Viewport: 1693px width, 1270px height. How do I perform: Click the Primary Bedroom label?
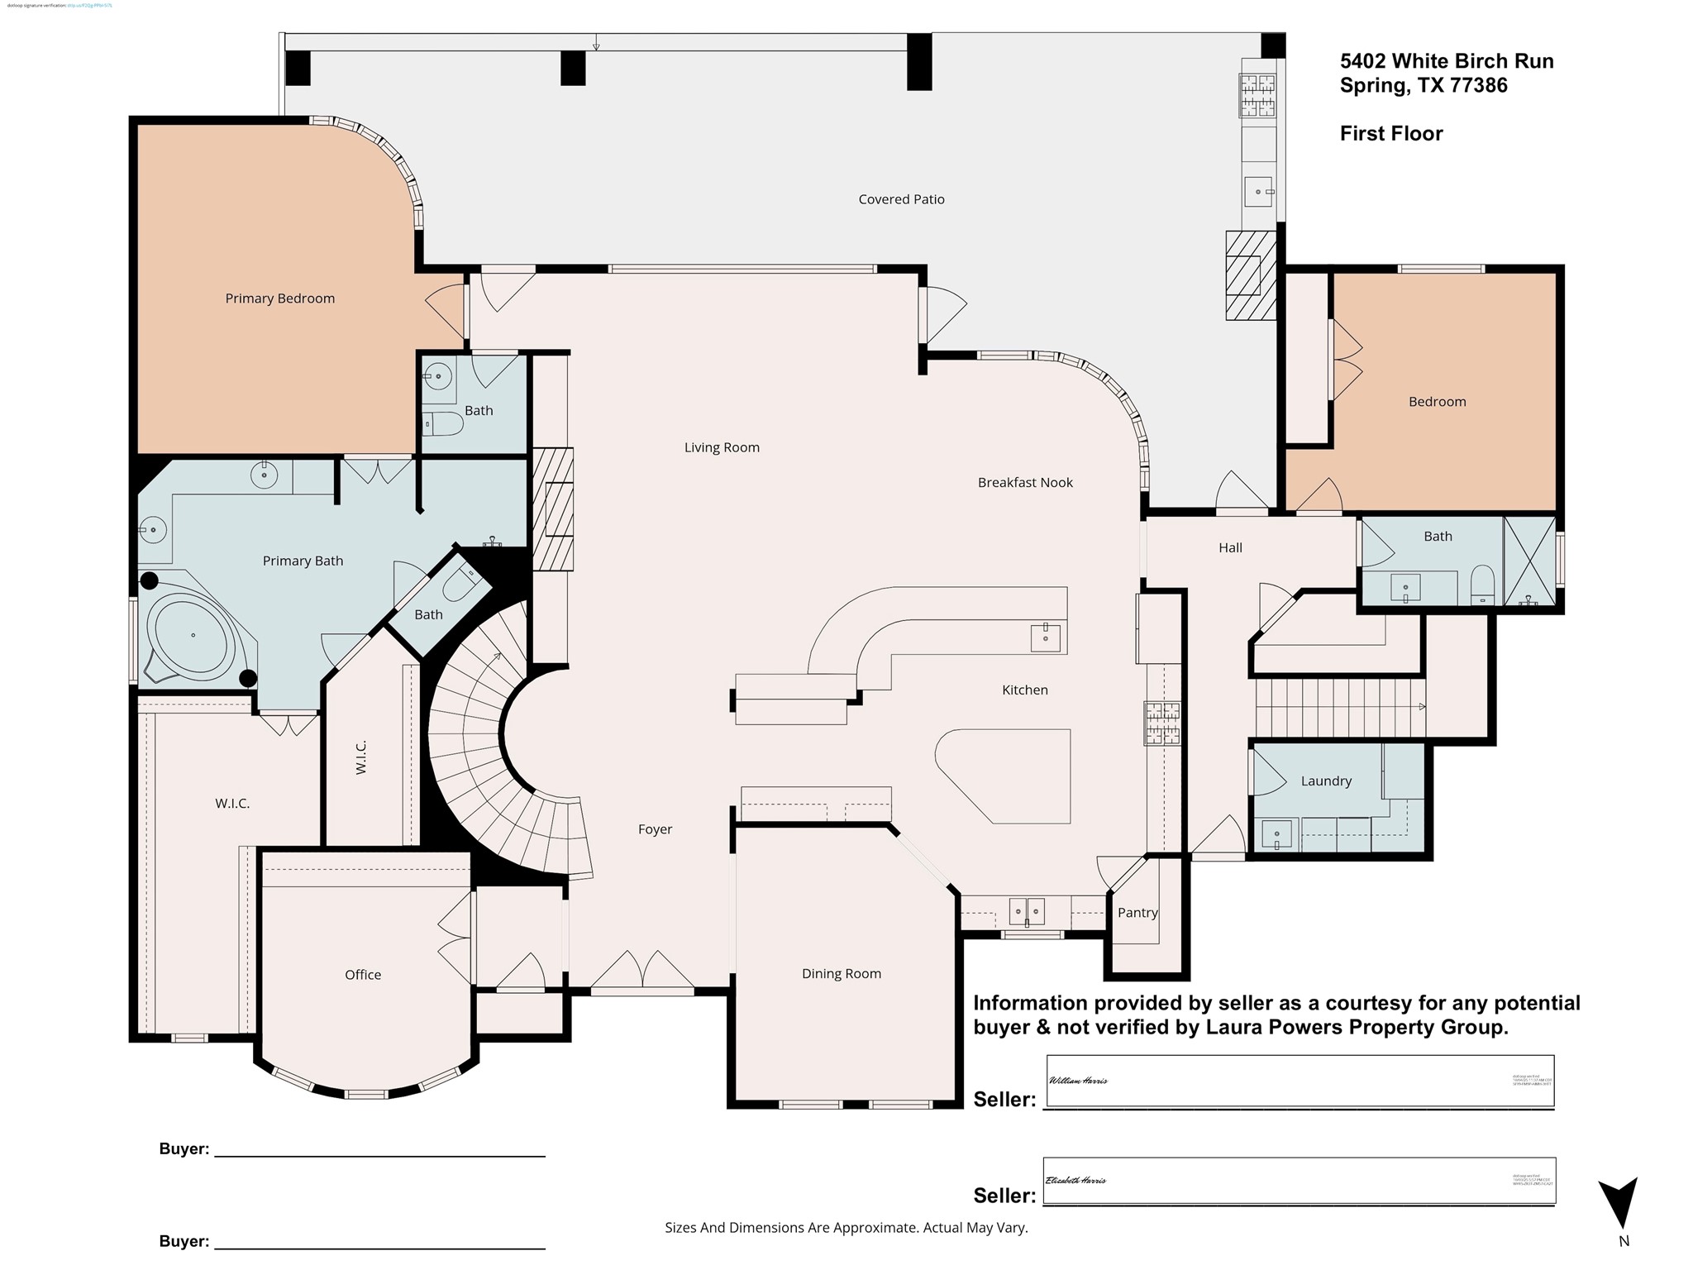click(x=279, y=298)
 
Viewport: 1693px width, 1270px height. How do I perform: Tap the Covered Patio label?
click(x=901, y=199)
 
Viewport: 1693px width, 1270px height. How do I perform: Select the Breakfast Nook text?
click(x=1024, y=483)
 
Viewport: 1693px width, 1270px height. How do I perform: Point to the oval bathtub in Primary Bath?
click(x=193, y=635)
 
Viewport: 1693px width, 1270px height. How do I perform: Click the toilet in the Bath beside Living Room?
click(x=443, y=425)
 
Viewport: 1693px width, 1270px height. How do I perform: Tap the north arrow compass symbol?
click(x=1618, y=1204)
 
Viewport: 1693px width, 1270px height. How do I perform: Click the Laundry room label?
click(x=1326, y=781)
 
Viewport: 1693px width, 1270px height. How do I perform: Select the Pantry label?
click(x=1137, y=913)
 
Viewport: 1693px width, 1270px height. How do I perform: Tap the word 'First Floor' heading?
click(x=1391, y=134)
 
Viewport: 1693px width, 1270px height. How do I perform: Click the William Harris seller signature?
click(x=1078, y=1081)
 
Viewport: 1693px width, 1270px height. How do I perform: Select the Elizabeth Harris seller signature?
click(x=1075, y=1181)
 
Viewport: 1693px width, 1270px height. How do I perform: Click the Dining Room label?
click(x=842, y=974)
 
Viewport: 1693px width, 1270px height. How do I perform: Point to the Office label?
click(x=363, y=975)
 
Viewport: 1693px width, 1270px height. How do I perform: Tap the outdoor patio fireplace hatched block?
click(x=1250, y=275)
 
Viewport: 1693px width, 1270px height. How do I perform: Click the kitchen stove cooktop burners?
click(x=1161, y=723)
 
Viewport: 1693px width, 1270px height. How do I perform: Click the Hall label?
click(x=1230, y=547)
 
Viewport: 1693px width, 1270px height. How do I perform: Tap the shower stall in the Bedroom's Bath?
click(x=1529, y=561)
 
